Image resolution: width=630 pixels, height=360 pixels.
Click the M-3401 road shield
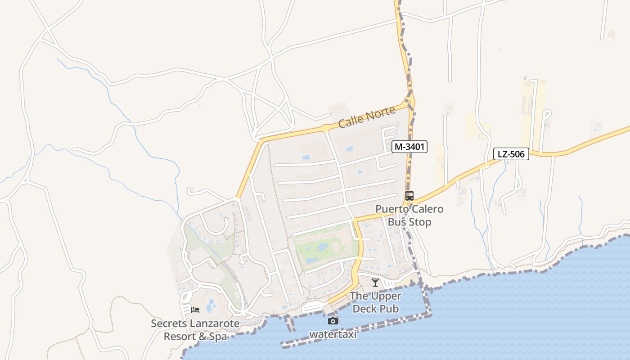point(409,147)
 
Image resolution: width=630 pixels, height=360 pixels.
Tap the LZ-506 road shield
point(511,154)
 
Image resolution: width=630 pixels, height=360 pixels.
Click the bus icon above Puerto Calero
point(409,196)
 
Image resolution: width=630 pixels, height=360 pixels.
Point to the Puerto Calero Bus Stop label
point(409,216)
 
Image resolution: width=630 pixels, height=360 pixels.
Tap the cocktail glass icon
point(375,283)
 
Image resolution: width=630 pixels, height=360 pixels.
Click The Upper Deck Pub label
point(376,302)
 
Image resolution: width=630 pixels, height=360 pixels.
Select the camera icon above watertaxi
point(333,321)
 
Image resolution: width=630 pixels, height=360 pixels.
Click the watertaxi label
point(333,334)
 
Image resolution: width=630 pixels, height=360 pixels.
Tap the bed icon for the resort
point(195,310)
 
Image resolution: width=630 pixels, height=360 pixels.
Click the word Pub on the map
point(389,309)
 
